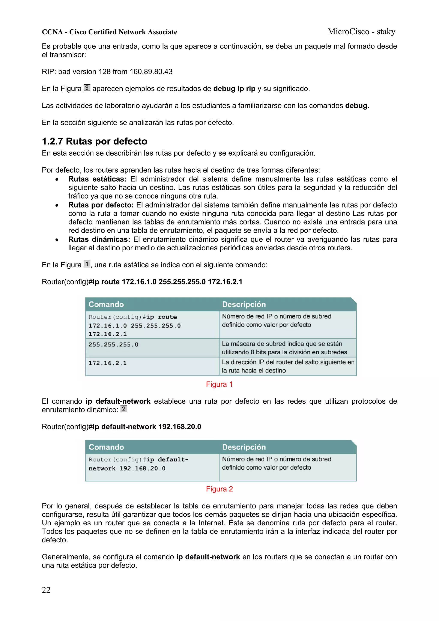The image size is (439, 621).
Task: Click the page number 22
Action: tap(46, 590)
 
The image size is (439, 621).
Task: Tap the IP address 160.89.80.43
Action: tap(151, 72)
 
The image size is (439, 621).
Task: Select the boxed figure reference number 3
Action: tap(87, 88)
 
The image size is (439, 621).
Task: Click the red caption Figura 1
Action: tap(219, 384)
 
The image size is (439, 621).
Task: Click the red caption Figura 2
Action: tap(219, 489)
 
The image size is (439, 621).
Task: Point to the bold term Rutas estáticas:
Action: tap(97, 179)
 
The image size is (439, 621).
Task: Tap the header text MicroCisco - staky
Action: tap(361, 32)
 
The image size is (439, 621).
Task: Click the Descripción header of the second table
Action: tap(244, 447)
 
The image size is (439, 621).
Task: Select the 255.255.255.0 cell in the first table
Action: tap(113, 344)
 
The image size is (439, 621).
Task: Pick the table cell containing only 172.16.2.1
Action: tap(107, 363)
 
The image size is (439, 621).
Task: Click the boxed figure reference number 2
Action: tap(124, 409)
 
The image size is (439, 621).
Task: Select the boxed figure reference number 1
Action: tap(87, 264)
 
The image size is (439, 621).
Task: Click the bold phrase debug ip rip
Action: tap(234, 89)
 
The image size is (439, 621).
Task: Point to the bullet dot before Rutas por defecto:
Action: tap(57, 206)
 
